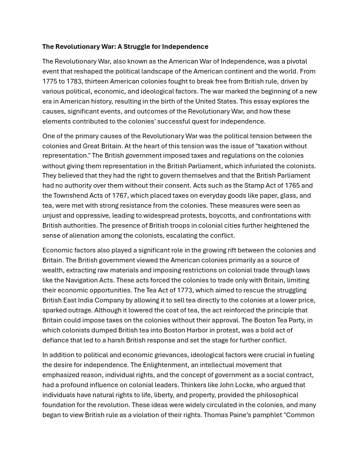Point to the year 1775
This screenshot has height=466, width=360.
pos(52,81)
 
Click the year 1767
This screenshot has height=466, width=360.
pos(128,195)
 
